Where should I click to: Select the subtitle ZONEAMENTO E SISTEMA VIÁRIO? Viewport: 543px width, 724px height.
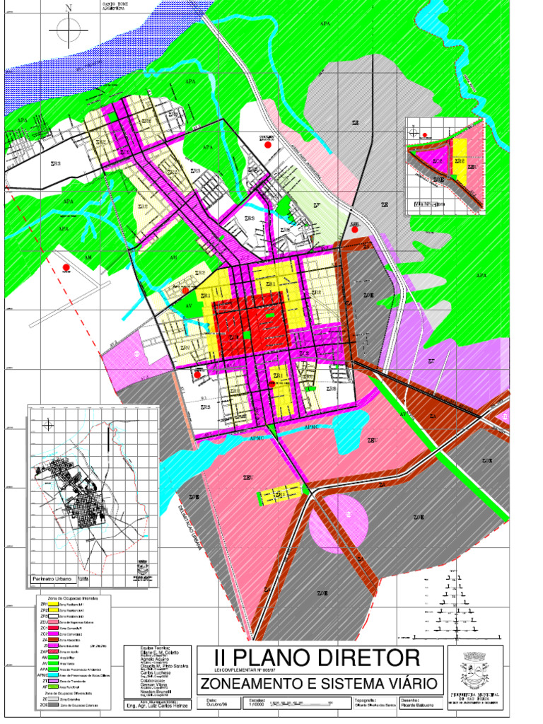point(322,684)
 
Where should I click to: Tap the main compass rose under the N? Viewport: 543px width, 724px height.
point(69,32)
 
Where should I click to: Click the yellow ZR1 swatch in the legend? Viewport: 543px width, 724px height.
point(53,605)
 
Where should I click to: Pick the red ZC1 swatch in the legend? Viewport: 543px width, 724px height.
point(53,628)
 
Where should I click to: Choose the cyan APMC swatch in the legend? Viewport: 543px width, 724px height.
point(53,674)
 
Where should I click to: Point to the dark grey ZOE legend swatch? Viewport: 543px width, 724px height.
point(53,706)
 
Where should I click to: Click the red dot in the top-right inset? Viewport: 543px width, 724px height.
point(425,135)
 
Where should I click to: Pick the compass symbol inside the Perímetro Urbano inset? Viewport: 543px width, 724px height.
point(47,424)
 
